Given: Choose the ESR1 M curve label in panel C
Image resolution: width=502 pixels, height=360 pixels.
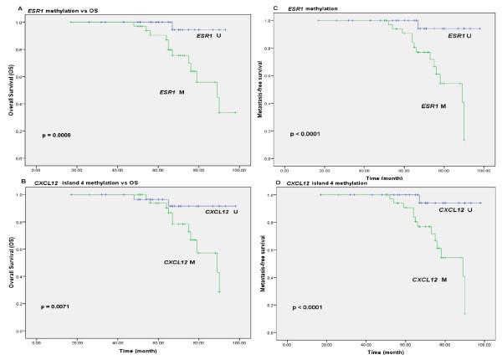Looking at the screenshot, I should point(432,105).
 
